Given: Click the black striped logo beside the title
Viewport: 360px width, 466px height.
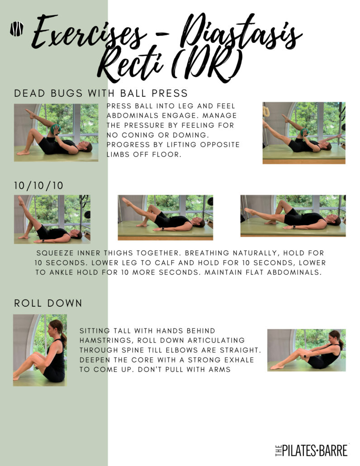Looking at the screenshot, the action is coord(17,29).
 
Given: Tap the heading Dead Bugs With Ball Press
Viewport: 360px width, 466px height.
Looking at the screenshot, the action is coord(101,93).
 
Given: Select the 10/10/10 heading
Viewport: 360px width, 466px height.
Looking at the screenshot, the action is coord(38,186).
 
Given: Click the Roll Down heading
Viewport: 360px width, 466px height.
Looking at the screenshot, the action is coord(48,303).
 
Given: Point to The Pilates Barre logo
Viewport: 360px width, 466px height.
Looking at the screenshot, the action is coord(311,451).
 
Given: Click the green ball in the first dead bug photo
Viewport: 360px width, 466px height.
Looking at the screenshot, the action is coord(56,129).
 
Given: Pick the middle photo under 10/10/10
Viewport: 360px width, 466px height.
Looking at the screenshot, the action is coord(166,218).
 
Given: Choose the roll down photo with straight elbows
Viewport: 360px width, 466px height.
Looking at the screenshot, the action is coord(307,350).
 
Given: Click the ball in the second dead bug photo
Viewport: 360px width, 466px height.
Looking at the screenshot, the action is coord(304,131).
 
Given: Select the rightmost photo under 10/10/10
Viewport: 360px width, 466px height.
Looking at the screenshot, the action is coord(293,216).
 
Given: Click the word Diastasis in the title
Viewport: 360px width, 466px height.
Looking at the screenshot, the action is coord(241,34).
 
